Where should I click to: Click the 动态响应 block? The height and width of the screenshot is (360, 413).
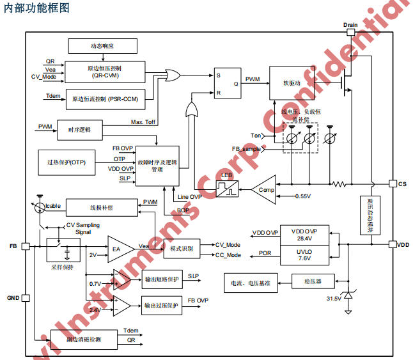click(102, 46)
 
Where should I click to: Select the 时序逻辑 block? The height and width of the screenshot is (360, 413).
click(79, 129)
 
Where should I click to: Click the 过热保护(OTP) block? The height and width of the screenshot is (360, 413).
click(66, 162)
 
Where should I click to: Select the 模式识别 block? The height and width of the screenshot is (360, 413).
click(182, 247)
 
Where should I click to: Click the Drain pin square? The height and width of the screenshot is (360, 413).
click(350, 33)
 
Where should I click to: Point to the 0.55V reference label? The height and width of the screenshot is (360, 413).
click(304, 196)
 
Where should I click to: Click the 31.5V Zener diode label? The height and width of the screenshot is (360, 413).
click(334, 299)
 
